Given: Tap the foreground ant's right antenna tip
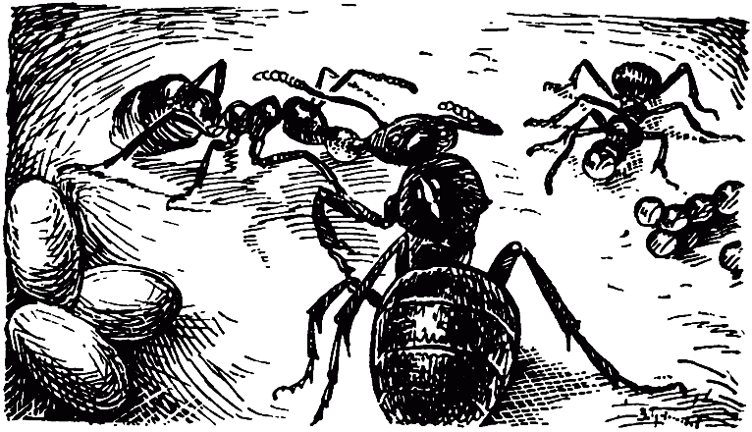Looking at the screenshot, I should pyautogui.click(x=496, y=126).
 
